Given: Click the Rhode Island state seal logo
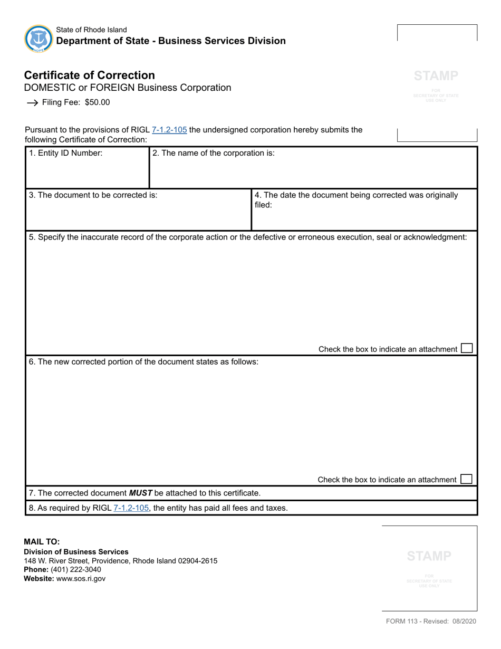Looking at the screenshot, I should pyautogui.click(x=38, y=39).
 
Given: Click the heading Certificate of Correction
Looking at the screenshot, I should pyautogui.click(x=89, y=75).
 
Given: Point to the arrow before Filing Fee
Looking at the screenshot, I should pyautogui.click(x=32, y=103).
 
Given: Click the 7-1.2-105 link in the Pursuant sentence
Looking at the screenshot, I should pyautogui.click(x=169, y=130).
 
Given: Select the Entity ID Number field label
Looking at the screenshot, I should pyautogui.click(x=66, y=154).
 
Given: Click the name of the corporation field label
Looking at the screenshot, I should pyautogui.click(x=214, y=154).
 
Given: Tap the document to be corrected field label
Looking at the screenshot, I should pyautogui.click(x=93, y=195).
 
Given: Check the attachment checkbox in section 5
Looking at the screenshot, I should pyautogui.click(x=467, y=348).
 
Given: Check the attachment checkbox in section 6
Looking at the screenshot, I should pyautogui.click(x=466, y=479).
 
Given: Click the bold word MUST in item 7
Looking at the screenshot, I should pyautogui.click(x=141, y=493).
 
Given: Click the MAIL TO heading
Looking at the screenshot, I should pyautogui.click(x=42, y=541).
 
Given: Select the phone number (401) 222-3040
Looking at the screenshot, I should pyautogui.click(x=76, y=569).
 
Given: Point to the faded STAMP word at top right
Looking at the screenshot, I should pyautogui.click(x=436, y=76).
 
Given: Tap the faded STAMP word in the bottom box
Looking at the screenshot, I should pyautogui.click(x=429, y=556).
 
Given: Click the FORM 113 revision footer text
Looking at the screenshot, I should pyautogui.click(x=431, y=621).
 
